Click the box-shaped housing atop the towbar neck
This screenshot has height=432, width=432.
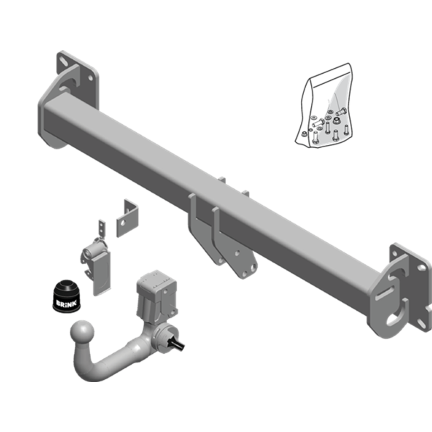(157, 289)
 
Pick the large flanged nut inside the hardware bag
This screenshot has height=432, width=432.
(336, 121)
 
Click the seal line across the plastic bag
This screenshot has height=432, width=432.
(332, 80)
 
